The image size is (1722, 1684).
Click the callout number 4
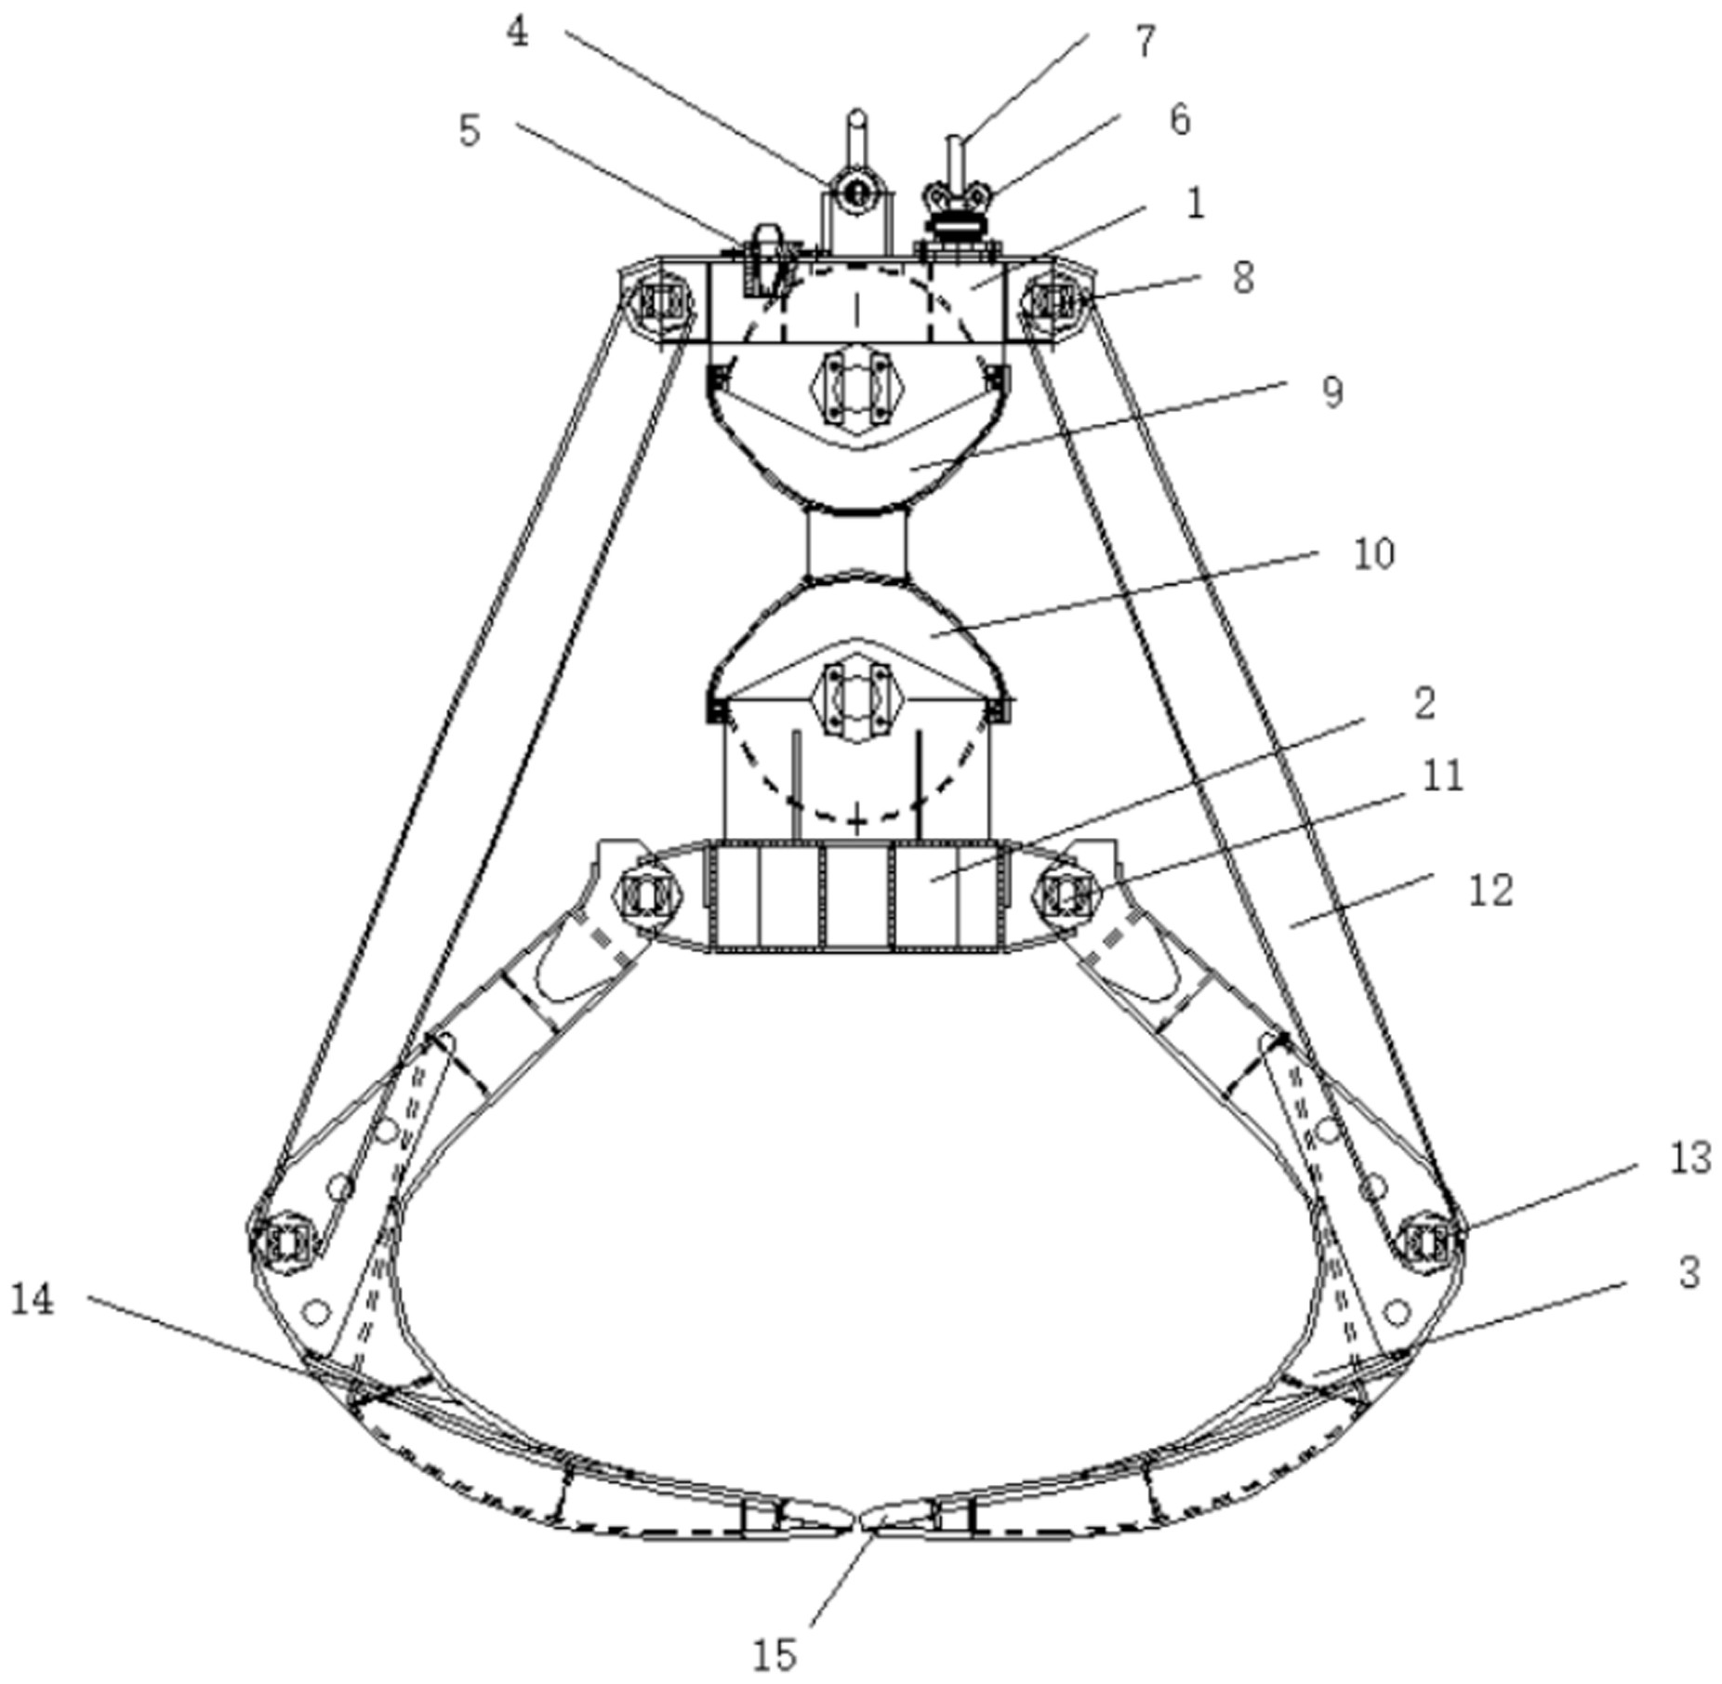[x=517, y=33]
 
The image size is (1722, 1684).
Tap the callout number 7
[x=1146, y=41]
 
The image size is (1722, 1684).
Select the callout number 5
[x=470, y=131]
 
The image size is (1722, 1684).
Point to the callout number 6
[x=1179, y=120]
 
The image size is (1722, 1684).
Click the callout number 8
[x=1243, y=277]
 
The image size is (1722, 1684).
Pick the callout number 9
[x=1332, y=391]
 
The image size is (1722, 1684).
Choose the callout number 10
[x=1373, y=554]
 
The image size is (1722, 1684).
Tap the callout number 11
[x=1442, y=776]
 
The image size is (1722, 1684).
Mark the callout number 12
[x=1490, y=890]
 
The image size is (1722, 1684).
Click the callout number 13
[x=1689, y=1159]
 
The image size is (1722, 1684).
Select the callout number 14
[x=33, y=1300]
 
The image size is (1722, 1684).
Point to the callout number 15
[x=774, y=1654]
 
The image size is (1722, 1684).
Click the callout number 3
[x=1689, y=1273]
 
